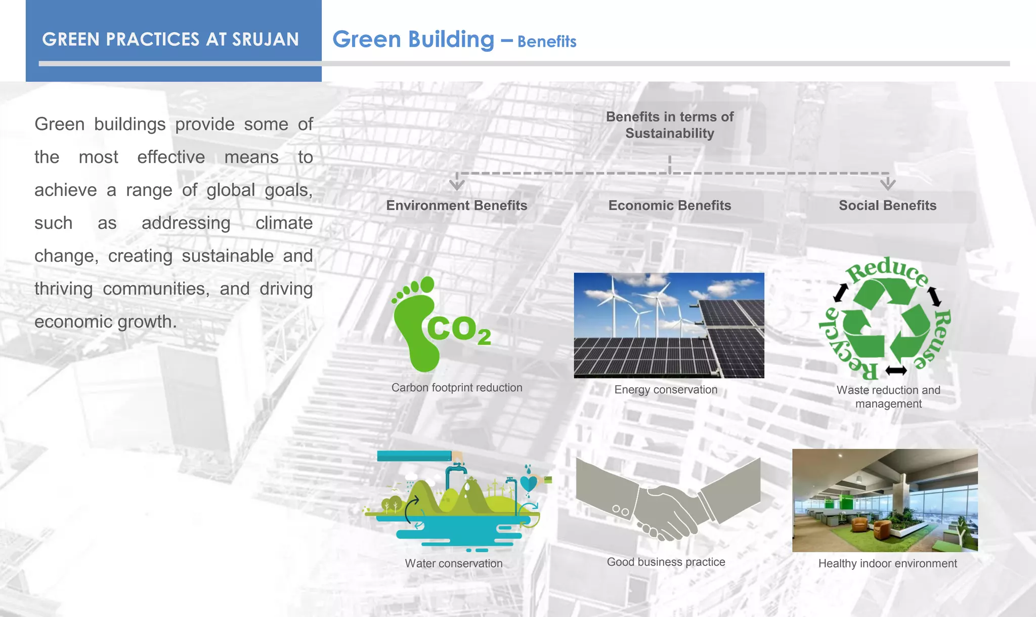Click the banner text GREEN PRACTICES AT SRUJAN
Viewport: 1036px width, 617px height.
click(x=170, y=39)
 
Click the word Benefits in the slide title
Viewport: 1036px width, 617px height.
click(x=547, y=42)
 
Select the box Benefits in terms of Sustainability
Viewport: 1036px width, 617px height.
click(x=669, y=125)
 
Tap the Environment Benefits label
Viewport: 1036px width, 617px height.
click(x=456, y=205)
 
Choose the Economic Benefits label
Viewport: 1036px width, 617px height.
click(x=669, y=205)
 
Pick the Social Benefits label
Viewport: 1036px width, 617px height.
click(x=887, y=205)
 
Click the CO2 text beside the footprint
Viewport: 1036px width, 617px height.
click(x=458, y=330)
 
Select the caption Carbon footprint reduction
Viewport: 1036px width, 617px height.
click(x=457, y=388)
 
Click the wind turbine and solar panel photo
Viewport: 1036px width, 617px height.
click(x=669, y=325)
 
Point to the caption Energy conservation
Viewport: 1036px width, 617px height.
click(x=666, y=390)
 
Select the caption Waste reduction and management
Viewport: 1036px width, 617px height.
click(x=888, y=397)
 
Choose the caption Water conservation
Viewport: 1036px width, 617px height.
click(x=454, y=563)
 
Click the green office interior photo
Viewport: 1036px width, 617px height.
click(x=885, y=500)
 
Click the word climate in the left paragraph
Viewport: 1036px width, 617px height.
click(x=284, y=223)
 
